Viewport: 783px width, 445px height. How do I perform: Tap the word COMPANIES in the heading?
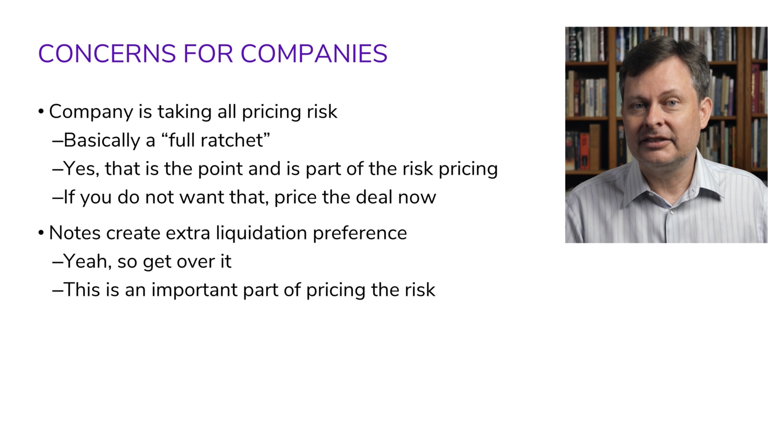click(314, 54)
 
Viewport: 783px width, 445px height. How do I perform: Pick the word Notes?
click(75, 233)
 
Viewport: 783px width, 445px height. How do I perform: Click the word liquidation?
click(261, 233)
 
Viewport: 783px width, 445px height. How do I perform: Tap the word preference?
click(360, 233)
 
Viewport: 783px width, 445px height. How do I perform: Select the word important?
click(194, 290)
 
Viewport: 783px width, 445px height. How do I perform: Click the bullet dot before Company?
click(41, 112)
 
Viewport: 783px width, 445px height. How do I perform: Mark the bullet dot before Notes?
click(41, 233)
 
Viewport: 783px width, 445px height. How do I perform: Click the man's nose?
click(653, 117)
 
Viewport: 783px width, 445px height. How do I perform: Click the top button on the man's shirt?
click(671, 212)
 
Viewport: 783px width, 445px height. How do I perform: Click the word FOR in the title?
click(208, 54)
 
